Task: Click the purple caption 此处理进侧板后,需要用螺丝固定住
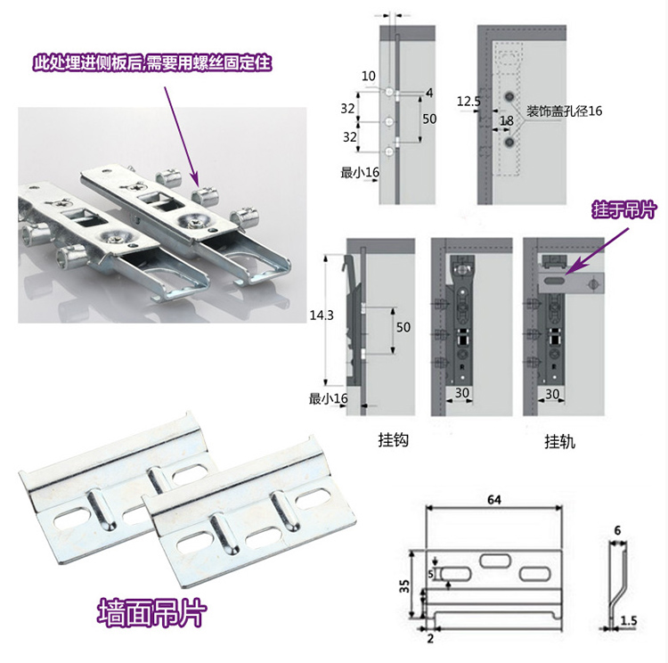(151, 62)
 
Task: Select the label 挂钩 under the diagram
(393, 440)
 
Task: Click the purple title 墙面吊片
(151, 613)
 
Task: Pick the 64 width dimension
(493, 501)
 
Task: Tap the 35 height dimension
(405, 586)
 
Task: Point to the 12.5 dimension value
(468, 102)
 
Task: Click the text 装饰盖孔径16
(565, 111)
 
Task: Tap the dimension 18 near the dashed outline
(506, 120)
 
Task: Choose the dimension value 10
(368, 76)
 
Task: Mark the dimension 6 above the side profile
(617, 528)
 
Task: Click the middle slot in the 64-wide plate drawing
(493, 561)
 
